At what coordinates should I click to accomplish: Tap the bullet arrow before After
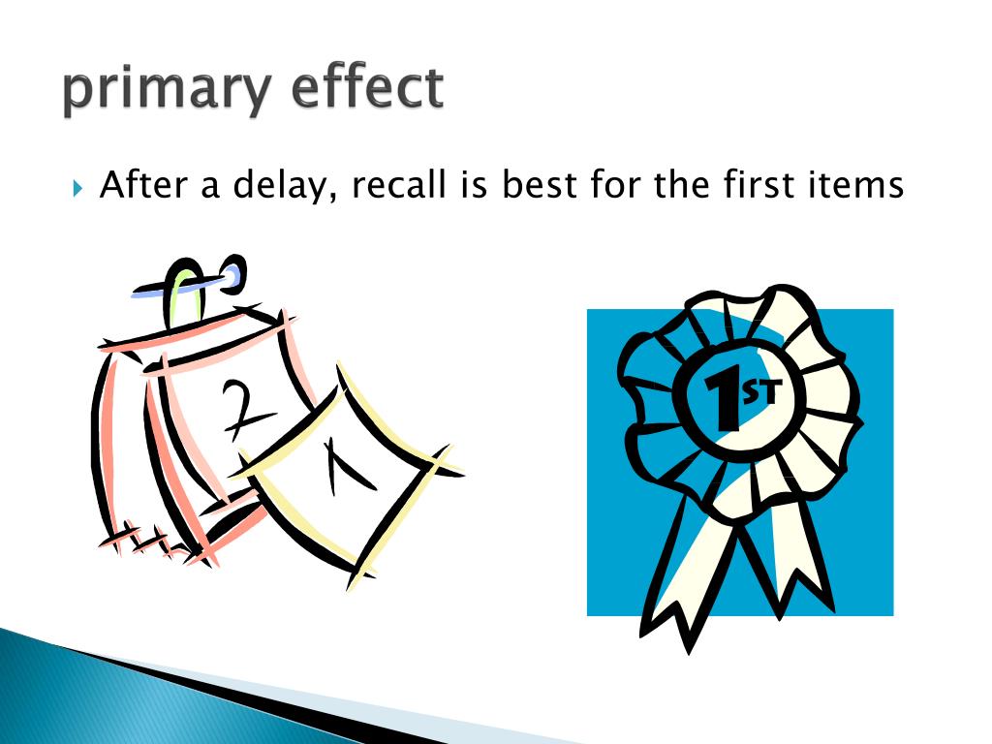tap(78, 185)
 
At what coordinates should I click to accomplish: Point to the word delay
tap(285, 185)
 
